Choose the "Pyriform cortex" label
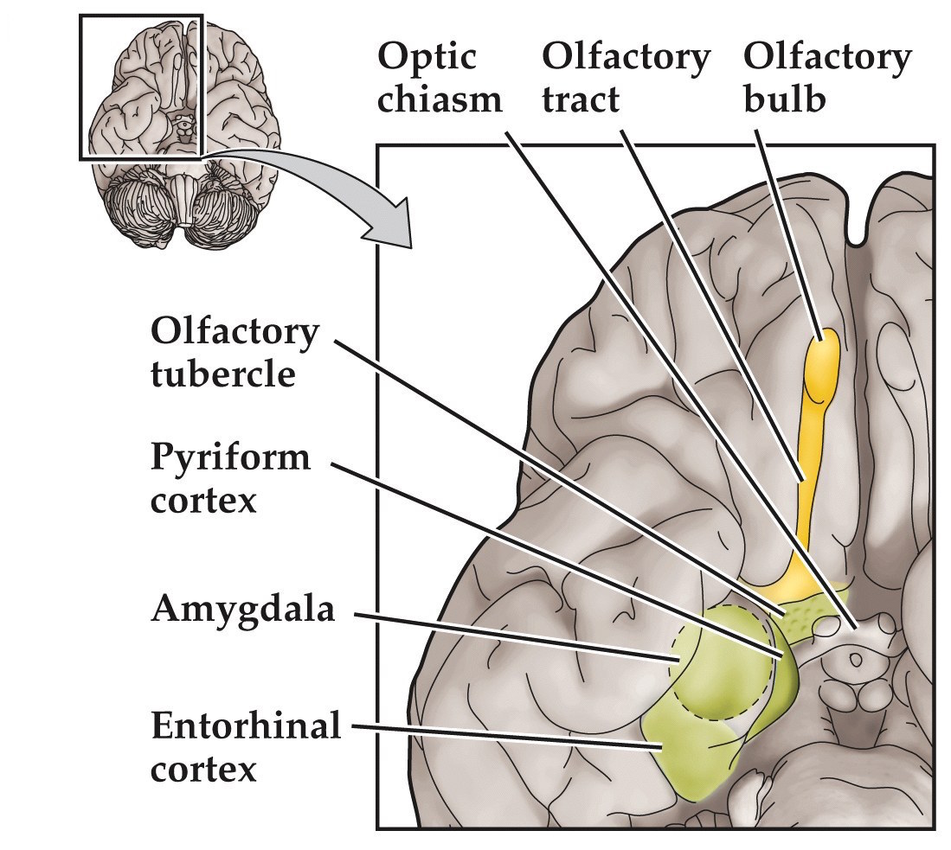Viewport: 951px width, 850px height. pos(230,477)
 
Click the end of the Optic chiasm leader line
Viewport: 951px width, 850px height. pos(855,624)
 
